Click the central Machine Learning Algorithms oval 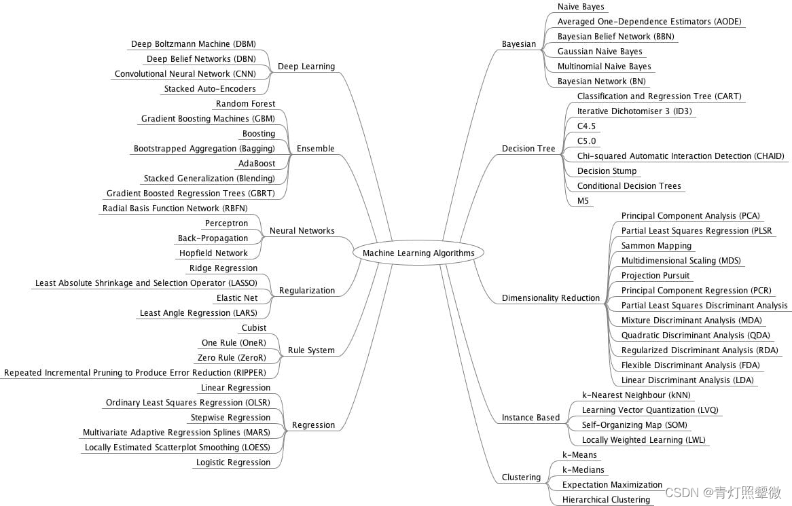click(x=418, y=253)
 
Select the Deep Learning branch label click(x=306, y=67)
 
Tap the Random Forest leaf click(x=245, y=104)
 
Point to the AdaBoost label click(x=256, y=164)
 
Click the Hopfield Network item click(x=213, y=253)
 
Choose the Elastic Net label click(x=237, y=298)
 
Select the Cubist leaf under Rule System click(x=254, y=328)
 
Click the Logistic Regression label click(x=233, y=463)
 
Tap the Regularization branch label click(x=307, y=291)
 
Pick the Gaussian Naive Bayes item click(x=600, y=52)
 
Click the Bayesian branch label click(x=519, y=44)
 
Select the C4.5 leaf click(x=586, y=126)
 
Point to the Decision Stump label click(x=607, y=171)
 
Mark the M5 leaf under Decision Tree click(x=583, y=201)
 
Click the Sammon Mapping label click(x=656, y=246)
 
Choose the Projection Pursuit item click(x=655, y=276)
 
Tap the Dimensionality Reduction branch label click(x=551, y=298)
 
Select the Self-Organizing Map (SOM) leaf click(x=634, y=425)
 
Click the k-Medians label click(x=583, y=470)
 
